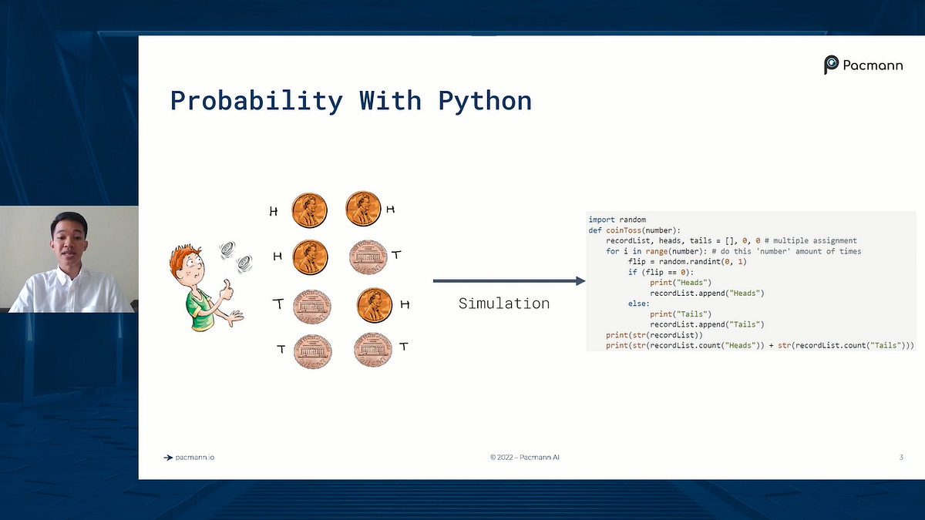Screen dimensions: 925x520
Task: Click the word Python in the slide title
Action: pos(485,101)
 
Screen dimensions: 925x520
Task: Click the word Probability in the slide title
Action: pos(257,101)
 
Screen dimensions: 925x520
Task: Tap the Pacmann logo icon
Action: pos(831,65)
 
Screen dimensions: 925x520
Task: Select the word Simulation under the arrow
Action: pos(504,304)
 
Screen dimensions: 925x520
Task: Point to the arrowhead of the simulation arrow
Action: pos(580,281)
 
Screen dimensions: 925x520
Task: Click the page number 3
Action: pos(901,458)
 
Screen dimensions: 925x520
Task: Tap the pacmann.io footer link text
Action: pos(194,458)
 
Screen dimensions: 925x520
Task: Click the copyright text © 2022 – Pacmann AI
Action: pos(524,458)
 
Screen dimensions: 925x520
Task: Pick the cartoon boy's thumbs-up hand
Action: pos(226,290)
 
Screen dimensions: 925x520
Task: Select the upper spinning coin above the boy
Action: pos(227,250)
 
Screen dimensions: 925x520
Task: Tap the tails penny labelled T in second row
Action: pos(368,257)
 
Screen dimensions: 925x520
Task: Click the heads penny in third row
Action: pos(374,305)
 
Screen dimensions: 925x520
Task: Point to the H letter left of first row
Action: pos(274,212)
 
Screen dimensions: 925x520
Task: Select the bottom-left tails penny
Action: pos(313,351)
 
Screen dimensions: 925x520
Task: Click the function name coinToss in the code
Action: pos(624,230)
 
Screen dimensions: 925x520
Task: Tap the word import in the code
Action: pos(601,220)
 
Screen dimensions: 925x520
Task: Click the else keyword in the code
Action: pos(637,304)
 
